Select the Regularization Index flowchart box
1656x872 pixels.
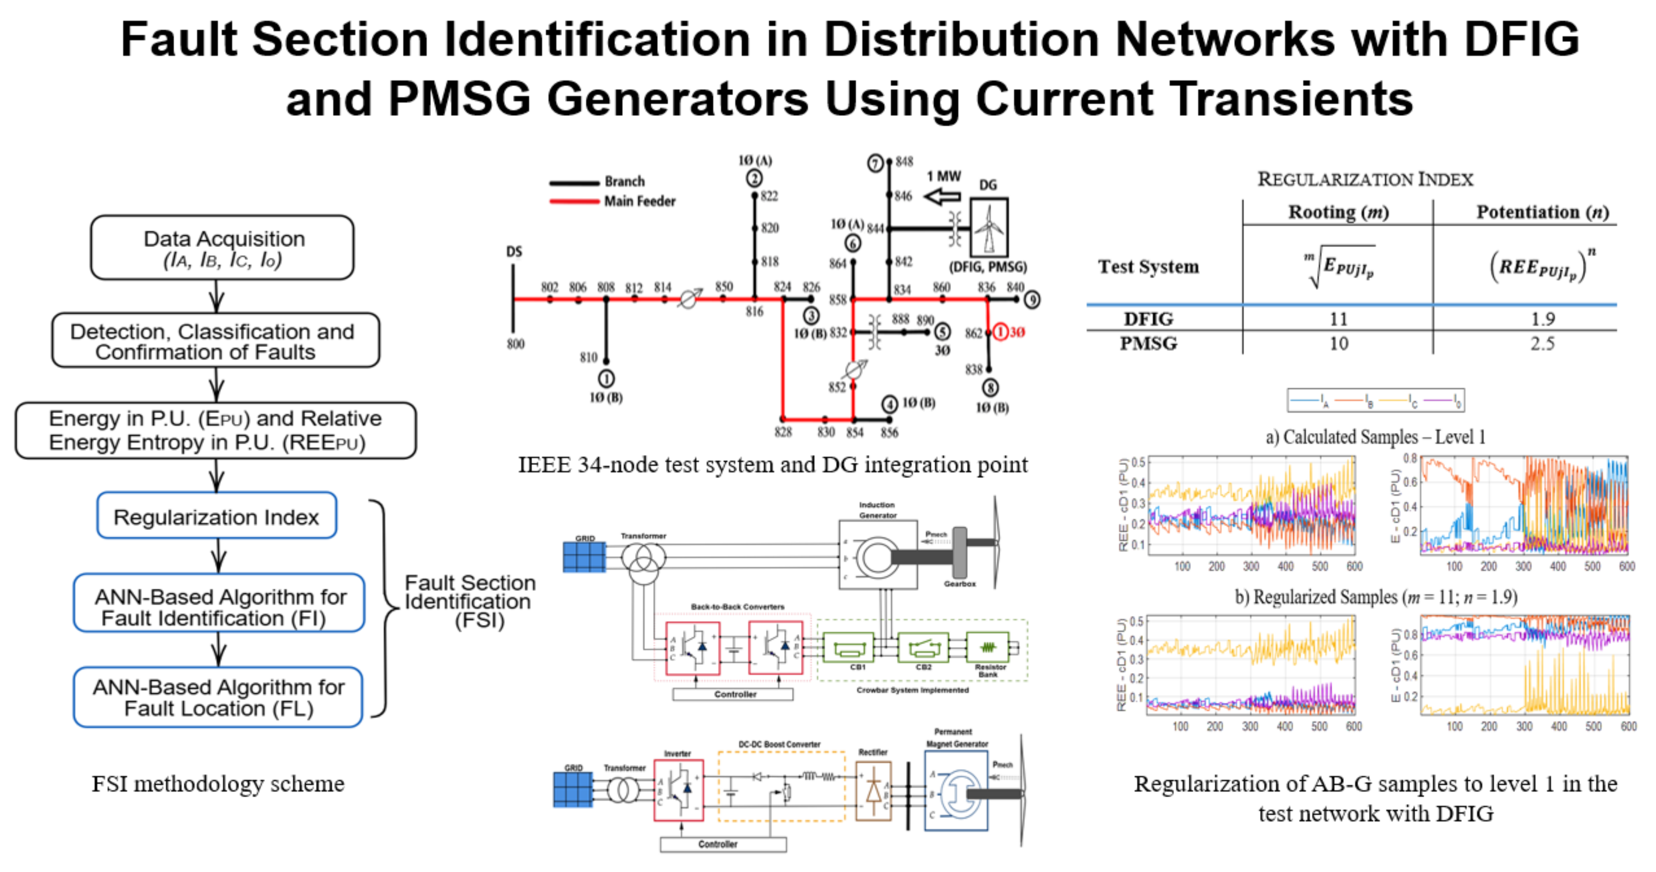pos(217,516)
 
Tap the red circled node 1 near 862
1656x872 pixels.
pos(1001,332)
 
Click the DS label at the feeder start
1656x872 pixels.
pos(514,251)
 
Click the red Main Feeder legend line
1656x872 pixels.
pos(574,201)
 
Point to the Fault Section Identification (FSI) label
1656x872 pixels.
pos(469,601)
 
